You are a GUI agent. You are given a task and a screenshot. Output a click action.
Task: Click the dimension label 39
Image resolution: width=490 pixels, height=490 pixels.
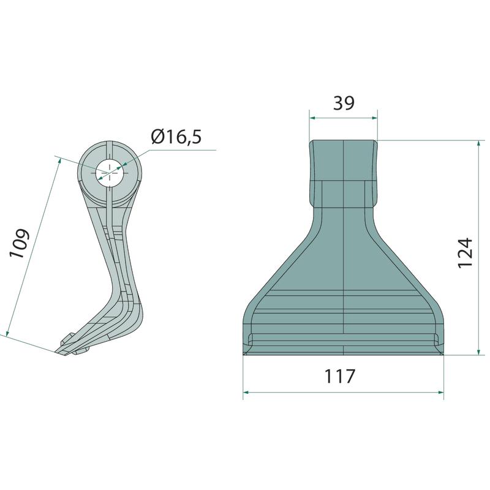[344, 103]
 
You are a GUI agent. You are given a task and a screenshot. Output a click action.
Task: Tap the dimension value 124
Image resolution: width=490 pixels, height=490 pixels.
[465, 252]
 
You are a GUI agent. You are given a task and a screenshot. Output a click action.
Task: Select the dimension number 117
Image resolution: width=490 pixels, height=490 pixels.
[340, 376]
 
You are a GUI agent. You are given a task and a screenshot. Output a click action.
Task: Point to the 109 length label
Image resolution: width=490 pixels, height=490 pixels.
[19, 243]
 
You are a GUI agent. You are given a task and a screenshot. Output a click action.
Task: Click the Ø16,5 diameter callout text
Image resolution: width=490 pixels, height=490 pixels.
[176, 137]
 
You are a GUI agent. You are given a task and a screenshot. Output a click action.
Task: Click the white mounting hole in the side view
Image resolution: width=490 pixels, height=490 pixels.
[109, 173]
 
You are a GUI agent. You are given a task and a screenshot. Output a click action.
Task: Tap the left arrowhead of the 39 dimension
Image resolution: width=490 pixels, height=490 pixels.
[312, 118]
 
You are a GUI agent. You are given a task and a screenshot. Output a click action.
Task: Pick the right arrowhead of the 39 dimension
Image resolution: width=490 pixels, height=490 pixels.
[374, 118]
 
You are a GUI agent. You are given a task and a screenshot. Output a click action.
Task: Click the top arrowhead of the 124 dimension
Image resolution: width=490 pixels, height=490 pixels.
[479, 144]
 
